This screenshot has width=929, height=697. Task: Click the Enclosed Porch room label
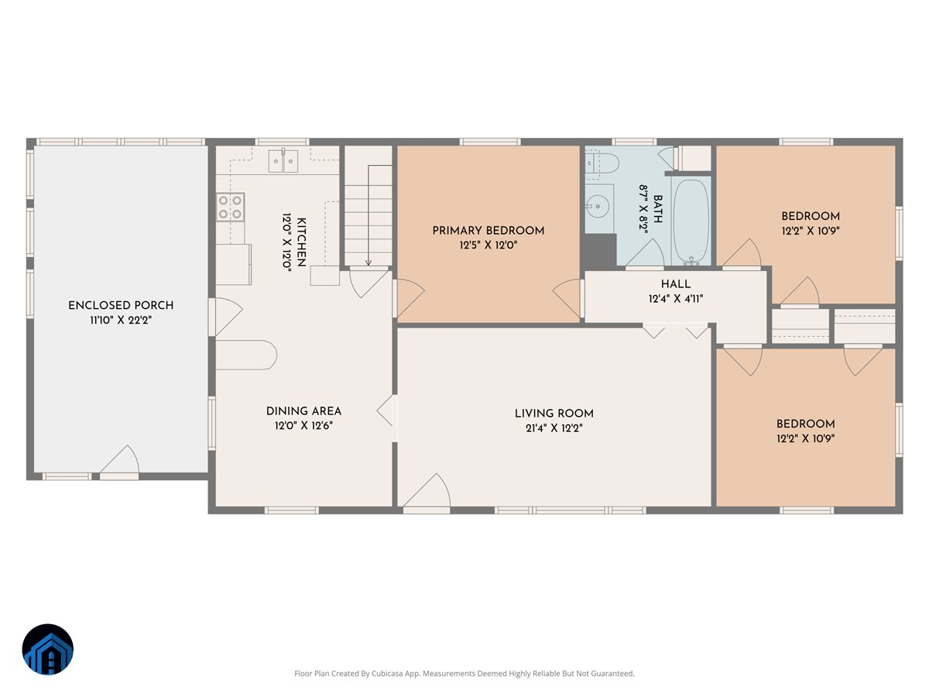[x=120, y=305]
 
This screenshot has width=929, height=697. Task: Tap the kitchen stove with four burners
[x=230, y=207]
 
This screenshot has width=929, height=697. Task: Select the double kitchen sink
[x=283, y=162]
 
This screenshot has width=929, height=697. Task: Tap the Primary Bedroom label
[x=488, y=231]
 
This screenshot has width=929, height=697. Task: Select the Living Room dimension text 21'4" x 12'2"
[x=554, y=427]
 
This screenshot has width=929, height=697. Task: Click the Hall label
[x=675, y=284]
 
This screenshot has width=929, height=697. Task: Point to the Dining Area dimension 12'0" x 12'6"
[x=303, y=425]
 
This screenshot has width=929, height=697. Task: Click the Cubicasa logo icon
[x=48, y=650]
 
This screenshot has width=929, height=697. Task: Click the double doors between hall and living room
[x=676, y=330]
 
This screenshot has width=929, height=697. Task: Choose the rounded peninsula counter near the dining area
[x=246, y=355]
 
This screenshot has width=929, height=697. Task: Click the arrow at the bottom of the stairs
[x=369, y=262]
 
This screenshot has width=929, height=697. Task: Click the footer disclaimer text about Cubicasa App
[x=464, y=674]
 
